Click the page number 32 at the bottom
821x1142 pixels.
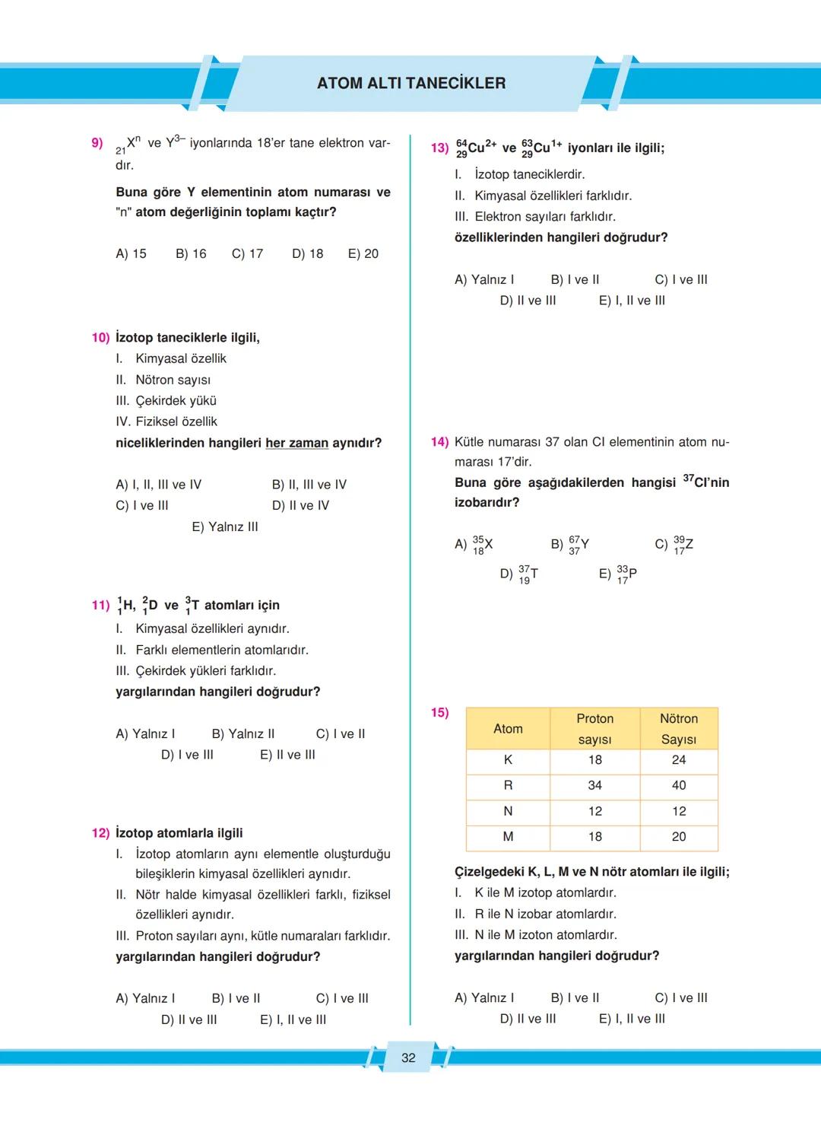[x=408, y=1058]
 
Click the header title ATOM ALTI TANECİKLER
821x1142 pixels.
[x=411, y=83]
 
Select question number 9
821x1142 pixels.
[x=97, y=142]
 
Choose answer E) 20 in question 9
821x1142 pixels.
[x=363, y=253]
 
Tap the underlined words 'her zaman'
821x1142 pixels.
[x=296, y=443]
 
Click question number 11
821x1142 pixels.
[x=100, y=605]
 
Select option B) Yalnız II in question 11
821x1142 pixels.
[x=242, y=733]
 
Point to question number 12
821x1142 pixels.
[x=100, y=833]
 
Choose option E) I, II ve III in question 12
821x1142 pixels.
[x=293, y=1020]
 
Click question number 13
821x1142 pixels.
[x=439, y=148]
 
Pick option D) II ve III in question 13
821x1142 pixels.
[x=528, y=301]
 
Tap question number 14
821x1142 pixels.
[x=439, y=442]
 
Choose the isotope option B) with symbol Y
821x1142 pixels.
[x=570, y=545]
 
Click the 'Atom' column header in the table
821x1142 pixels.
[x=508, y=729]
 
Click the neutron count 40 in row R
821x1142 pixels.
[x=679, y=785]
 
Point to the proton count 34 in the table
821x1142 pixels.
[x=594, y=785]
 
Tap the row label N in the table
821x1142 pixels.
[x=508, y=811]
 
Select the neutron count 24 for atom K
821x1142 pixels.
[x=679, y=759]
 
